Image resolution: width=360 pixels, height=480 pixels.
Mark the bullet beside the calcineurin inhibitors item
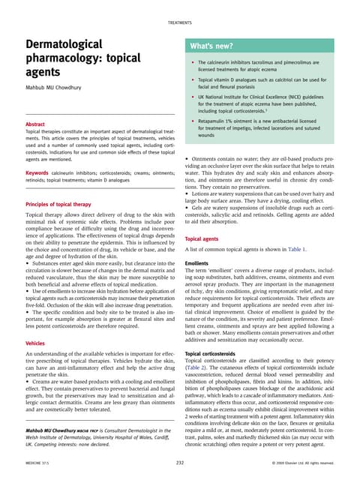click(193, 62)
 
